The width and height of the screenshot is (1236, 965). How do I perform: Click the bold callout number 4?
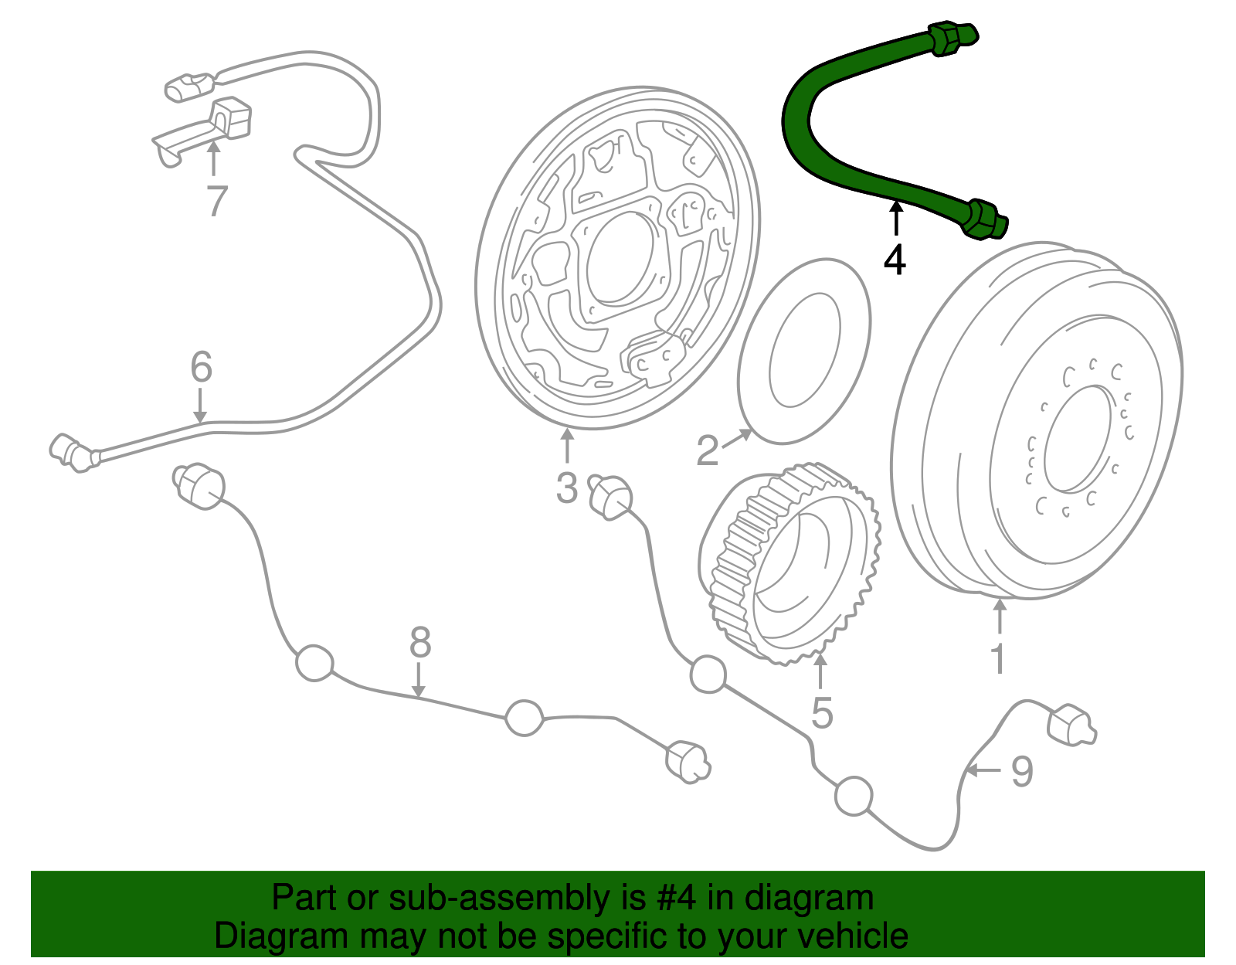895,260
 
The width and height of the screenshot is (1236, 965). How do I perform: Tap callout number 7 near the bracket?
217,201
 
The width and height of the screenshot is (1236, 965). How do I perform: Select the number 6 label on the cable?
201,367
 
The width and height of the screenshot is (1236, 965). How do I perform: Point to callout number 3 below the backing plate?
566,488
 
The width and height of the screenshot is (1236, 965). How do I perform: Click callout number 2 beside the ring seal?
707,450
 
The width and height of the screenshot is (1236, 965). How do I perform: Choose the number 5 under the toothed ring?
822,712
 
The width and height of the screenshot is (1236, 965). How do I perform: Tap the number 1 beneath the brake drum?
998,658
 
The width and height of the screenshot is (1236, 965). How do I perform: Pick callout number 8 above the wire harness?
419,642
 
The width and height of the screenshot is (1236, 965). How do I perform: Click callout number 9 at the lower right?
1022,771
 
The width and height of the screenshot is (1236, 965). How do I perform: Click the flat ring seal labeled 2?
803,352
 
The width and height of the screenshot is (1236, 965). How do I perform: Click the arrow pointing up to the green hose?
895,216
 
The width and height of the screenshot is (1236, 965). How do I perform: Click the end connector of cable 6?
69,452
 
